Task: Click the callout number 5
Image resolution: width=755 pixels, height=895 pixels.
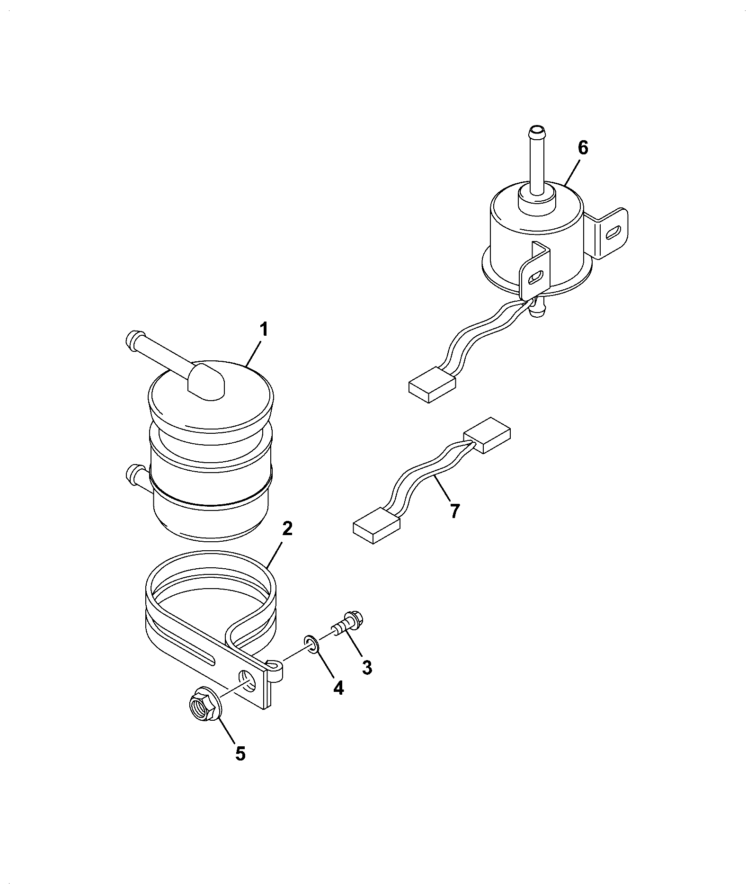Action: [240, 753]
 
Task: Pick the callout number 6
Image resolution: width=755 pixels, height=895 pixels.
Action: [583, 148]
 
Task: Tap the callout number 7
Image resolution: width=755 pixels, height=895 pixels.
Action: [454, 511]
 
